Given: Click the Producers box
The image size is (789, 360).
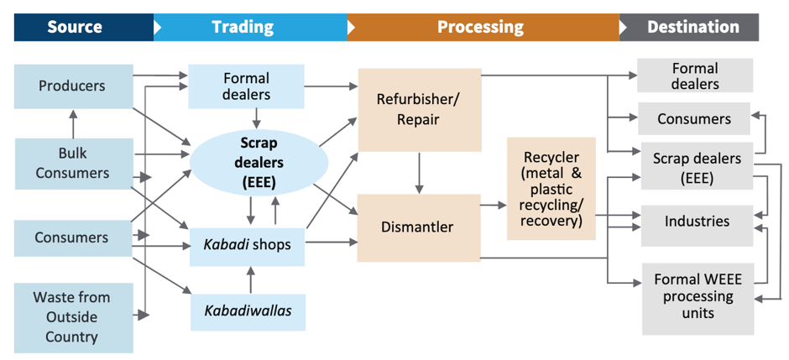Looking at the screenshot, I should pyautogui.click(x=73, y=86).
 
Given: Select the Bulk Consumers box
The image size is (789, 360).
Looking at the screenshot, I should pyautogui.click(x=73, y=163).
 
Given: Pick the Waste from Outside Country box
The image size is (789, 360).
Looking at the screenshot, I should pyautogui.click(x=73, y=317).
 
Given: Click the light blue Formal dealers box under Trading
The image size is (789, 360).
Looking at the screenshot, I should pyautogui.click(x=246, y=86).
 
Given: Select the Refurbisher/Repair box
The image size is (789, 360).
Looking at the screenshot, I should pyautogui.click(x=420, y=109).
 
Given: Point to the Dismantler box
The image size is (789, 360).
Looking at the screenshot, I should pyautogui.click(x=417, y=227).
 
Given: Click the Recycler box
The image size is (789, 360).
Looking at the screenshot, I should pyautogui.click(x=551, y=190).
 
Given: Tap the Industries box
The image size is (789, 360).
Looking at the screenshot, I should pyautogui.click(x=696, y=222).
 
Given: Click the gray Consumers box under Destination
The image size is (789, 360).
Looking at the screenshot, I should pyautogui.click(x=694, y=119).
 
